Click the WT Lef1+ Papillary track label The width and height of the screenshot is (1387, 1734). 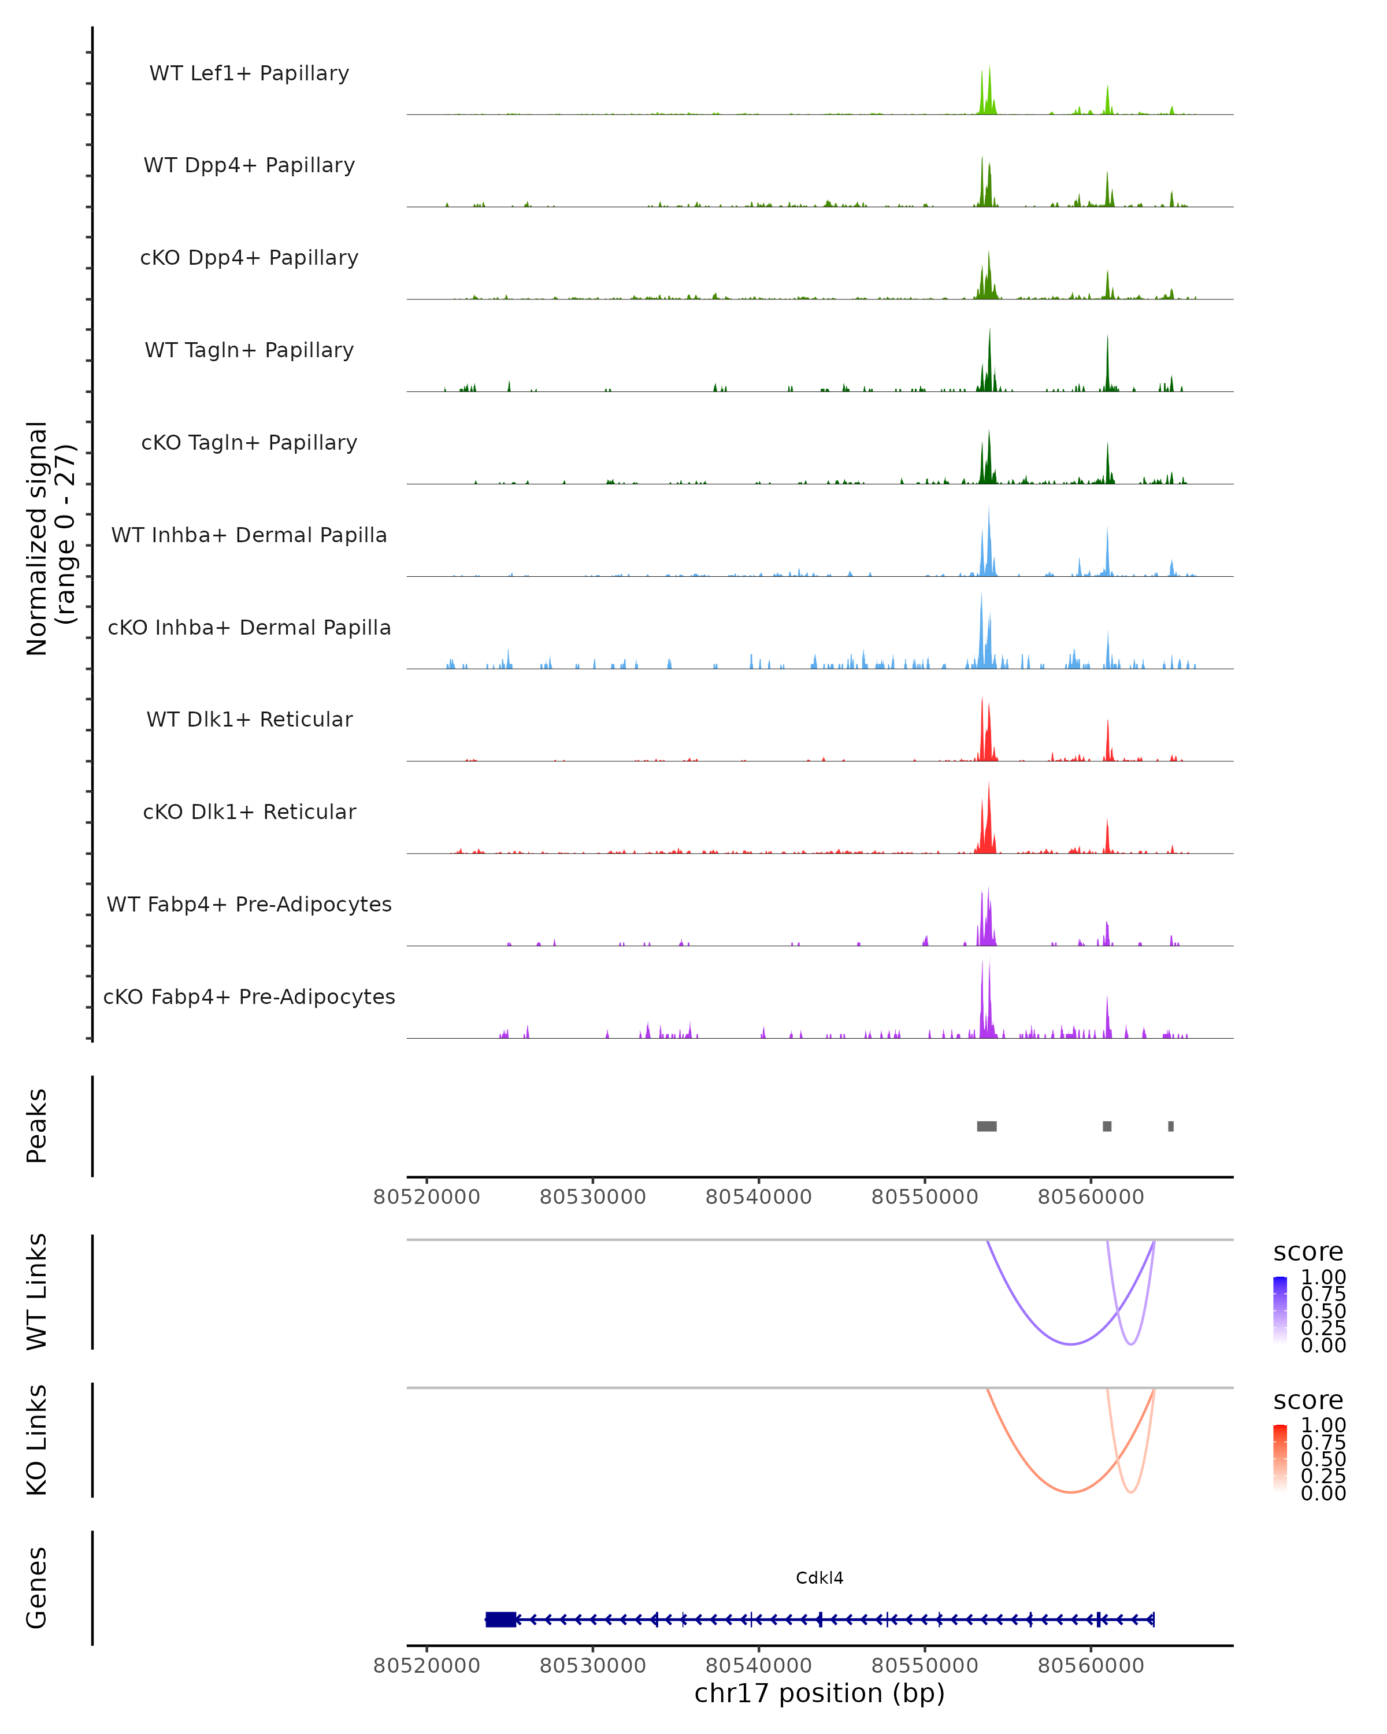[x=249, y=74]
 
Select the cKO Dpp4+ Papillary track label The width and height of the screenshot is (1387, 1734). [x=249, y=258]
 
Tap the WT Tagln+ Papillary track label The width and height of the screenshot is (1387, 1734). [x=249, y=351]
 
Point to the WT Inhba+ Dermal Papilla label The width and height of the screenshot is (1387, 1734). [x=249, y=536]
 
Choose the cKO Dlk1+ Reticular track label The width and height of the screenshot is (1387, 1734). [x=249, y=812]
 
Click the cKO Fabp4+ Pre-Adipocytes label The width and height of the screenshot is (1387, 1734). [x=249, y=997]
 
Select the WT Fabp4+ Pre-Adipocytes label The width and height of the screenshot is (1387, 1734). [x=249, y=905]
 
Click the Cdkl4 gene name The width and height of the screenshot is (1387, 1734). [x=819, y=1578]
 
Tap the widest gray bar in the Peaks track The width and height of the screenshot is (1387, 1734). [x=987, y=1126]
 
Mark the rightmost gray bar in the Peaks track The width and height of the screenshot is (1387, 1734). [x=1171, y=1126]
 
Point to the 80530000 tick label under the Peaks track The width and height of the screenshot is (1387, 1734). [x=592, y=1198]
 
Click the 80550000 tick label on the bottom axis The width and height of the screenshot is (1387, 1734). [x=925, y=1666]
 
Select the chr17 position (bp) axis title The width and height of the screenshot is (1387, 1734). [x=819, y=1694]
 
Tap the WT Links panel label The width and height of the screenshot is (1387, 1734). [x=37, y=1292]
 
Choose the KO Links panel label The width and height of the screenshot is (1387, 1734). [x=37, y=1440]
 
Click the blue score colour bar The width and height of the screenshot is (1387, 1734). [x=1280, y=1309]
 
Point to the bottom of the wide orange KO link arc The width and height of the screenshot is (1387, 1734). [x=1070, y=1492]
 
